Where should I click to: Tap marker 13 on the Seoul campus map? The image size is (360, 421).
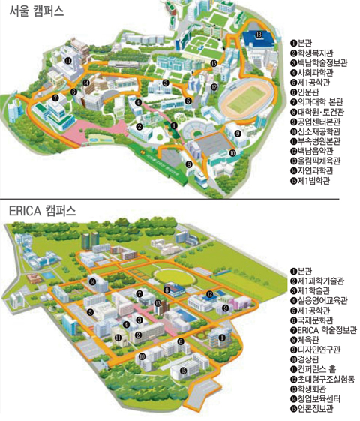coord(259,35)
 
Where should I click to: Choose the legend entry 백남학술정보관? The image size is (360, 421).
coord(322,64)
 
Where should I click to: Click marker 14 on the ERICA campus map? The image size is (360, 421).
coord(93,281)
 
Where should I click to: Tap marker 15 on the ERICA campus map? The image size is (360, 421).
coord(183,371)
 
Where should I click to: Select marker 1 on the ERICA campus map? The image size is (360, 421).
coord(222,338)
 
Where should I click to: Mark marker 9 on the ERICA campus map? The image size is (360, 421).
coord(224,308)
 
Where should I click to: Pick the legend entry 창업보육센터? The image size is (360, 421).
coord(319,398)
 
